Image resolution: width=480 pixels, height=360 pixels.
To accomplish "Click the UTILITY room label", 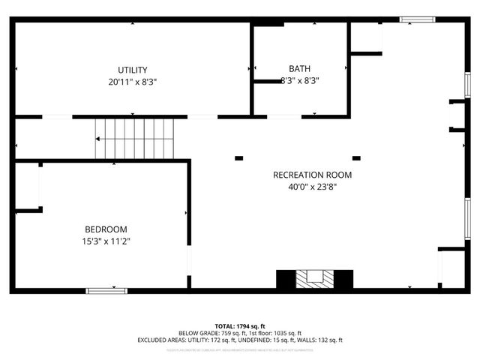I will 132,70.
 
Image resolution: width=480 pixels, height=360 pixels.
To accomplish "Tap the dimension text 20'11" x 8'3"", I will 132,81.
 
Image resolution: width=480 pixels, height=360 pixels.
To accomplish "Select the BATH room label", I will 300,68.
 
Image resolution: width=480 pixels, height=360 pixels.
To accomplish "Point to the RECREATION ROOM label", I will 312,175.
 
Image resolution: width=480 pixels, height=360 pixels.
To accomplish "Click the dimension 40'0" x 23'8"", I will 312,187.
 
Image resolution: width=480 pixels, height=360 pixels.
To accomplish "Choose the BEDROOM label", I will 105,229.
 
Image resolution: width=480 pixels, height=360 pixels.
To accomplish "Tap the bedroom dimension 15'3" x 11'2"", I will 105,241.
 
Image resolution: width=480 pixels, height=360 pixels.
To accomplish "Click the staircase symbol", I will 134,139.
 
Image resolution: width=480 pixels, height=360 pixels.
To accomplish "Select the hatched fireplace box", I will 315,278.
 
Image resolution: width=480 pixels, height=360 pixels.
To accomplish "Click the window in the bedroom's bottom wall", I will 106,291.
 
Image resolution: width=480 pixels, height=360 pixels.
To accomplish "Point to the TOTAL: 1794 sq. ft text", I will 239,326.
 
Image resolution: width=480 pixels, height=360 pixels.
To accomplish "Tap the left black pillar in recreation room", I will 239,158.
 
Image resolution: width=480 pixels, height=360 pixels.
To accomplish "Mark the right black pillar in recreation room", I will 356,158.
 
